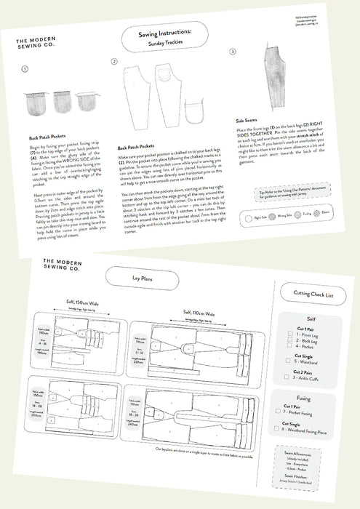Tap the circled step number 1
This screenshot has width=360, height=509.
tap(25, 70)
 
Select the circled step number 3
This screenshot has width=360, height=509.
tap(232, 52)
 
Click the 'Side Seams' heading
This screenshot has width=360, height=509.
tap(250, 121)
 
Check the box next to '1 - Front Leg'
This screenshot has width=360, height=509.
tap(280, 337)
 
